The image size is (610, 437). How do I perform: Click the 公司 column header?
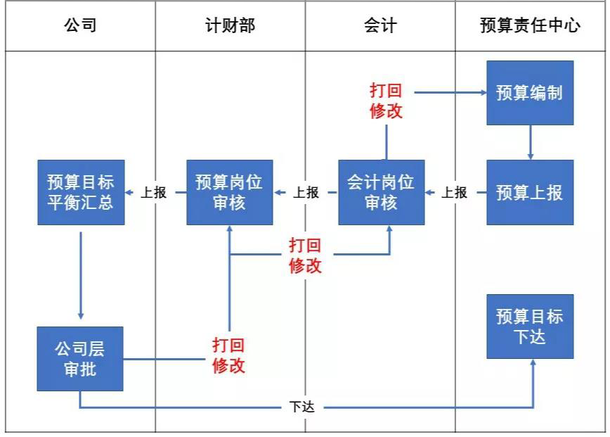[x=80, y=27]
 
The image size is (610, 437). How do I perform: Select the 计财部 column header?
[x=230, y=27]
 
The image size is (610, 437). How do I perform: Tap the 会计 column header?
[x=380, y=27]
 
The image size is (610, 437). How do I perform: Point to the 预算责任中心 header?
[x=530, y=27]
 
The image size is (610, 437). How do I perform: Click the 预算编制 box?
[x=530, y=93]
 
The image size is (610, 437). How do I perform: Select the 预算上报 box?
[x=530, y=192]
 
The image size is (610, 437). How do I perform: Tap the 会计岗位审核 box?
[x=381, y=192]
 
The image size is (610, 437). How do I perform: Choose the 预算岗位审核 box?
[x=229, y=192]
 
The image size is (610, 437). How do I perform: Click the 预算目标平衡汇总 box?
[x=80, y=192]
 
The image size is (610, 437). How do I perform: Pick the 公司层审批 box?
[x=80, y=358]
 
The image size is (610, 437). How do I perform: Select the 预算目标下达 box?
[x=530, y=327]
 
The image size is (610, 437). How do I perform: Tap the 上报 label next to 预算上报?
[x=455, y=192]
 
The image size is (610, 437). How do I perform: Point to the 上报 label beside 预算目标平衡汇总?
[x=154, y=192]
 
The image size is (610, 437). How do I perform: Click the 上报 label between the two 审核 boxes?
[x=306, y=192]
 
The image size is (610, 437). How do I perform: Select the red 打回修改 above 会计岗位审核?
[x=386, y=101]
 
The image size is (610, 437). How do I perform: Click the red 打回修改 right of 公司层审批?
[x=229, y=356]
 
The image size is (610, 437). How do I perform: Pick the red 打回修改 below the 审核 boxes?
[x=306, y=255]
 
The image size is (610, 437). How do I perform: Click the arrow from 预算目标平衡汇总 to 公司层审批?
[x=81, y=274]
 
